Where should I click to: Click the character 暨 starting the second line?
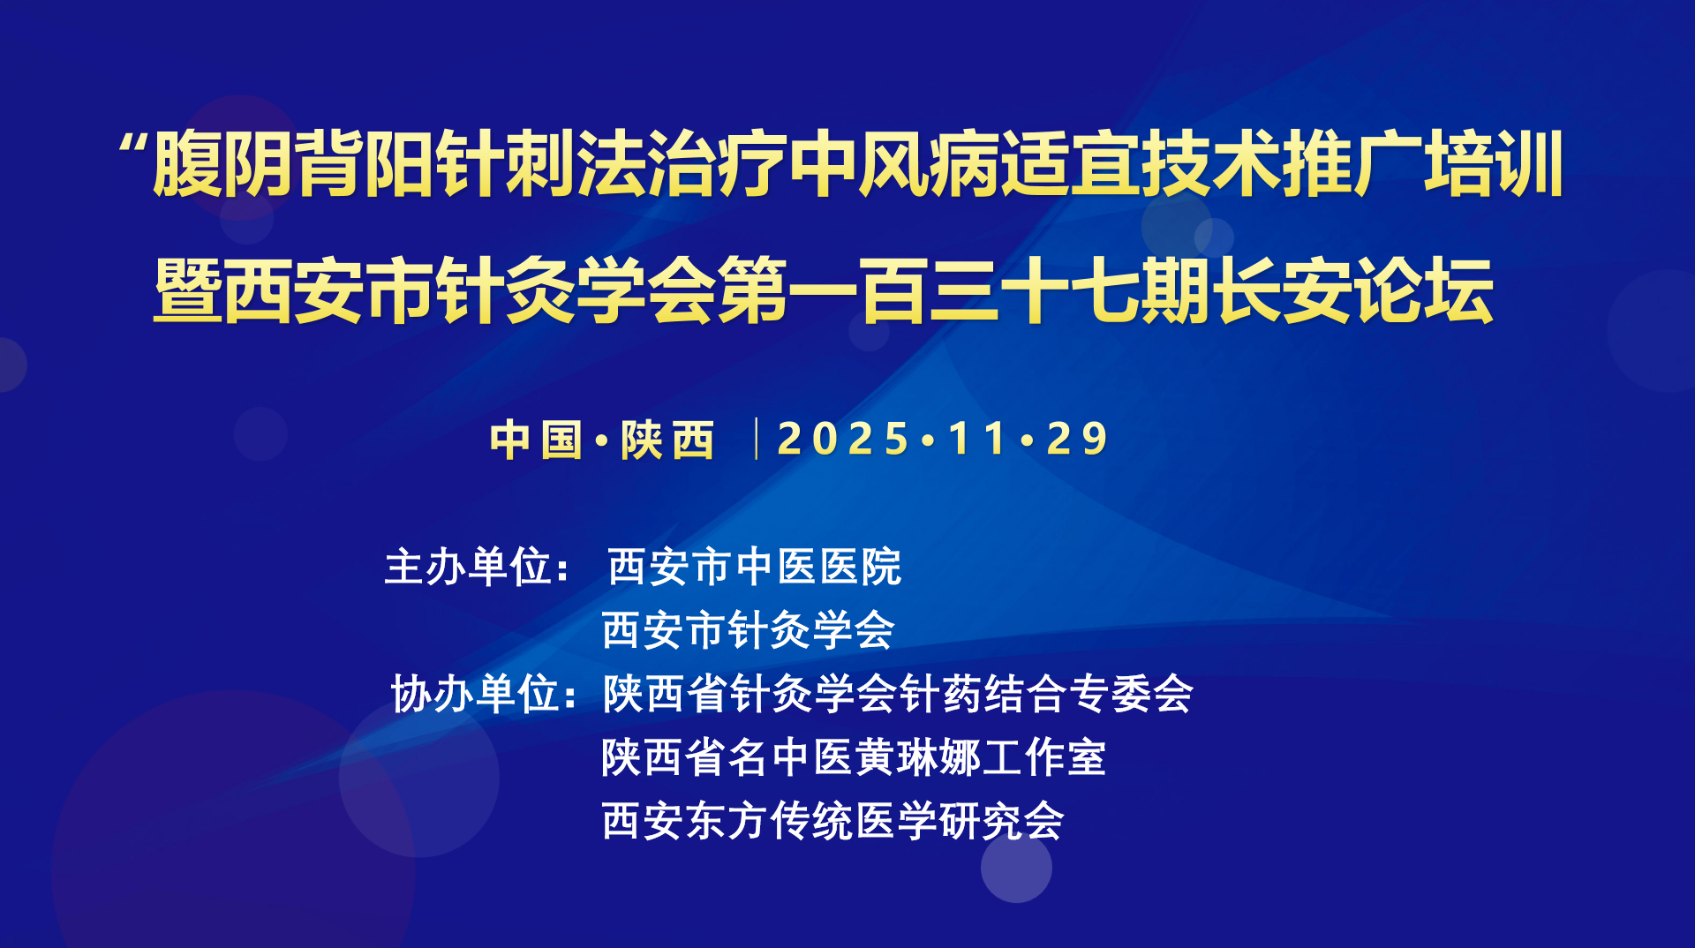point(189,290)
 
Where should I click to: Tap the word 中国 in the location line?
point(537,440)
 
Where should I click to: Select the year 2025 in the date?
point(843,439)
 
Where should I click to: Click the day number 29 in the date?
point(1077,439)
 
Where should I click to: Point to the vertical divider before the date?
point(757,439)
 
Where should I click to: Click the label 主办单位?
point(478,567)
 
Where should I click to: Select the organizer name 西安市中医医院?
point(755,567)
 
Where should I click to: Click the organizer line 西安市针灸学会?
point(749,630)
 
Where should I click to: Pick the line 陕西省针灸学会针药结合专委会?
point(898,694)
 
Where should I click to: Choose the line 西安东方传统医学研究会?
point(833,821)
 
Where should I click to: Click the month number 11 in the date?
point(977,439)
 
